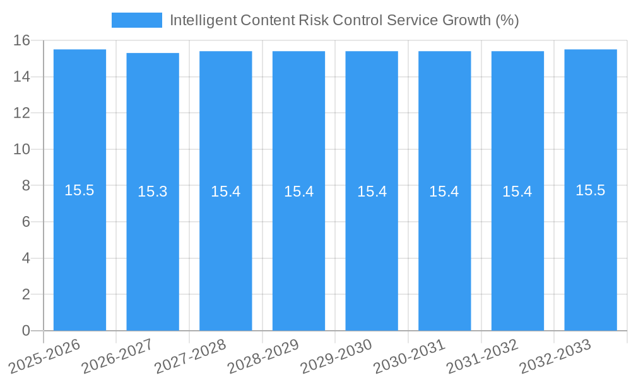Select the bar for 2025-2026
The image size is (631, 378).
[80, 252]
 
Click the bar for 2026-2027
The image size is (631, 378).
[153, 252]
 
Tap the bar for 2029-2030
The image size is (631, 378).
[372, 252]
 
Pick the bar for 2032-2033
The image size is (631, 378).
[591, 252]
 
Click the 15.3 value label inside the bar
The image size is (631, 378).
[153, 192]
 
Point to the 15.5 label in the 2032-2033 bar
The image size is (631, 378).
[591, 190]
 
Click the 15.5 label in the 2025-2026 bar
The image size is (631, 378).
[80, 190]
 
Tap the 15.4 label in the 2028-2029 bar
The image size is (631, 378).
[298, 192]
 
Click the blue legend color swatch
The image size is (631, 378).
[136, 20]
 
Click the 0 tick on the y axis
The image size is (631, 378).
[26, 331]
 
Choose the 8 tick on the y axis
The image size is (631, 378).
[26, 186]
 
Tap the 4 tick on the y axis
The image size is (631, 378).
[26, 258]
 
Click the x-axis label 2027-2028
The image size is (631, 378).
[190, 356]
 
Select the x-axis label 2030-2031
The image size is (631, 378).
[409, 356]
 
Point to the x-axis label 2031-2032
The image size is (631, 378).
[482, 356]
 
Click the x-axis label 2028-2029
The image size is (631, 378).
[263, 356]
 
